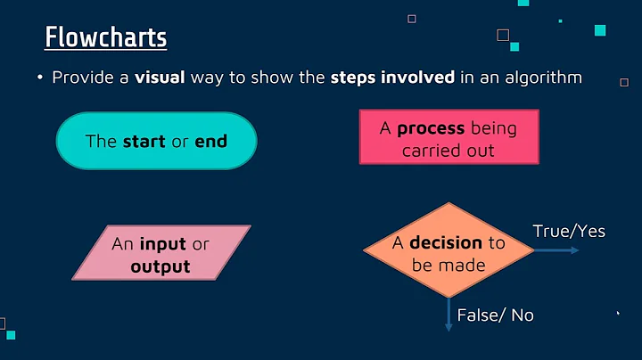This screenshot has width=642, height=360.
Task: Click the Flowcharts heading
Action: pyautogui.click(x=105, y=38)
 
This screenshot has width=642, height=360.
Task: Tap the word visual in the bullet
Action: pyautogui.click(x=158, y=78)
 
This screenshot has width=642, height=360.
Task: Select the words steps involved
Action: pyautogui.click(x=393, y=78)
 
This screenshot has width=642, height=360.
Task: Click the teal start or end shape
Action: pyautogui.click(x=156, y=141)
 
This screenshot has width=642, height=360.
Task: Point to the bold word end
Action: pyautogui.click(x=211, y=141)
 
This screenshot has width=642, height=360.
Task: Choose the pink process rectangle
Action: pyautogui.click(x=448, y=137)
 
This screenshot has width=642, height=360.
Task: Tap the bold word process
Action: pyautogui.click(x=430, y=128)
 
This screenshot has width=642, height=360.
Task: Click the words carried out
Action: pyautogui.click(x=448, y=150)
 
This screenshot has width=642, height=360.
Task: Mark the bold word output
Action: pyautogui.click(x=160, y=266)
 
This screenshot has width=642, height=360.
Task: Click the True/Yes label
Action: pyautogui.click(x=569, y=232)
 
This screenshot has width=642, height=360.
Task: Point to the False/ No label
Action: pyautogui.click(x=495, y=315)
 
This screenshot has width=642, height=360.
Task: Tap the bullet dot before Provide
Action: pyautogui.click(x=40, y=78)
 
